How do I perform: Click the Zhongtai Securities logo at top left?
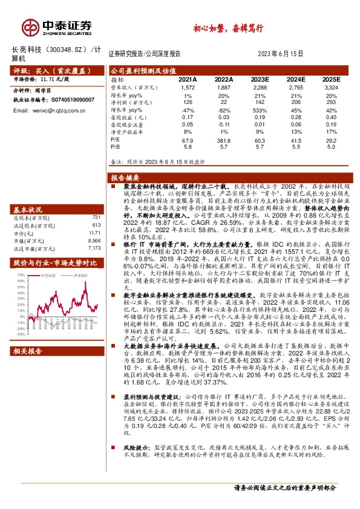[x=57, y=27]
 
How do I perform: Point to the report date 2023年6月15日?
[x=284, y=53]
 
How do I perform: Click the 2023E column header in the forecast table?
[x=260, y=79]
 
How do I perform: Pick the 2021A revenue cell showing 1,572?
[x=188, y=88]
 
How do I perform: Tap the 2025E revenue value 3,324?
[x=332, y=88]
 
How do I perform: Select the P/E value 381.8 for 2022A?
[x=224, y=140]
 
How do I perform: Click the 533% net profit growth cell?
[x=260, y=111]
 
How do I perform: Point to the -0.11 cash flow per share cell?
[x=223, y=125]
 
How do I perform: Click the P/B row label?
[x=115, y=147]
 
